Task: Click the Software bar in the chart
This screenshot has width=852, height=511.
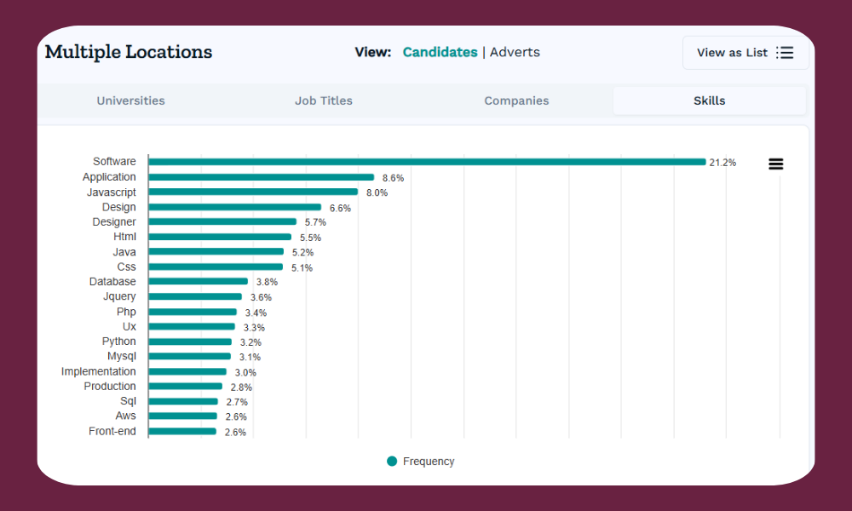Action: click(426, 162)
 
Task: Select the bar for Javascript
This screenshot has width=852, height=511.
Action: click(253, 192)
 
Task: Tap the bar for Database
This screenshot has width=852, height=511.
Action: click(199, 281)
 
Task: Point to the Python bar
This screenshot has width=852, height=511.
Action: click(190, 342)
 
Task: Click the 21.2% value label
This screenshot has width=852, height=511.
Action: click(722, 163)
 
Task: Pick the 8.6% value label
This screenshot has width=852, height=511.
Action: click(393, 178)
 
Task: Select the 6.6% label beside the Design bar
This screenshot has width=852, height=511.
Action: click(340, 208)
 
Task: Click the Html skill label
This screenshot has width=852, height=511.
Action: click(124, 237)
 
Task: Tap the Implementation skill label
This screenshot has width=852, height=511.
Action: click(98, 371)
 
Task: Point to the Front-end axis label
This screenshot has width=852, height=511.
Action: click(112, 431)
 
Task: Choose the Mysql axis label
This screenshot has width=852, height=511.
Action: click(121, 356)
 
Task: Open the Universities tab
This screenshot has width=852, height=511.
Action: click(130, 100)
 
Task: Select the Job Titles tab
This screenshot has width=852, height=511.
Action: click(324, 100)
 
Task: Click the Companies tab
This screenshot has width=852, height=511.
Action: click(516, 100)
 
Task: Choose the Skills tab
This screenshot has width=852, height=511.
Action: click(709, 100)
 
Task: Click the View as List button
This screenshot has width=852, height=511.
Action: click(745, 53)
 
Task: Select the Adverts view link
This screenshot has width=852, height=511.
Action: click(515, 52)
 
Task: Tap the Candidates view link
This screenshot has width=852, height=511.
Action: click(440, 52)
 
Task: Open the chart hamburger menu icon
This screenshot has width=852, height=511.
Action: click(775, 164)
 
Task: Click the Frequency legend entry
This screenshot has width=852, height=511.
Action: click(421, 462)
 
